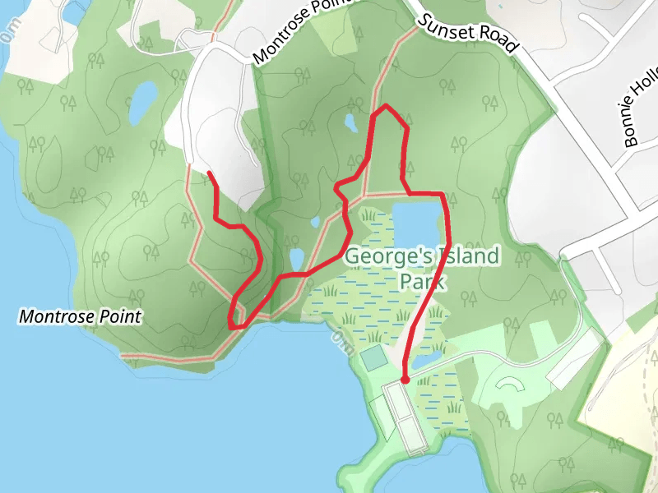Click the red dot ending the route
[x=405, y=379]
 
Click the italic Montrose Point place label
[x=81, y=316]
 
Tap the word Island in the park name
[x=460, y=256]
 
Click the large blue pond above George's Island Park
[x=418, y=223]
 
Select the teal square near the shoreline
[x=373, y=357]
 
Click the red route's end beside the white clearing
[x=211, y=173]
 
